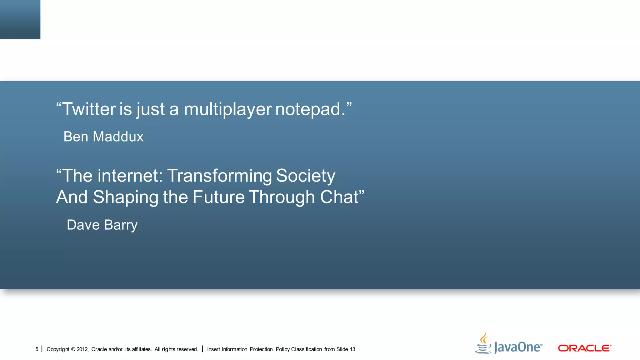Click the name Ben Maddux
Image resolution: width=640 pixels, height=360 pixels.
(103, 137)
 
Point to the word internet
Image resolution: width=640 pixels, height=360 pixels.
(130, 176)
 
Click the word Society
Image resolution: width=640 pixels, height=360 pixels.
(305, 176)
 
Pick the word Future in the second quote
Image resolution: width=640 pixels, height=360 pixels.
(218, 197)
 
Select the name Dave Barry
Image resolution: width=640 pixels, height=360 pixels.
(102, 225)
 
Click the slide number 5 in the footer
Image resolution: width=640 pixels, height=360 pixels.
(37, 349)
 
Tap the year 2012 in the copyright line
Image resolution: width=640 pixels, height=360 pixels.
(82, 349)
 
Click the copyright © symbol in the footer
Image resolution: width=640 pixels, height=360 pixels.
(73, 349)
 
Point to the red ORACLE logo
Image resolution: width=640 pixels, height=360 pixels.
(584, 348)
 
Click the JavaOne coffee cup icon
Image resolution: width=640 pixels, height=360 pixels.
(483, 344)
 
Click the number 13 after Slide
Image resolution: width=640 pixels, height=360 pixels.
(352, 349)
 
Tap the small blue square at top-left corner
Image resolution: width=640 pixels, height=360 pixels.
(20, 19)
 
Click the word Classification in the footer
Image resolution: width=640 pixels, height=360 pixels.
(306, 349)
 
